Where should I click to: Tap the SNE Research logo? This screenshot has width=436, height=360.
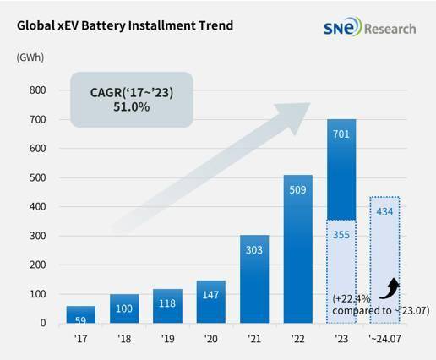coord(368,28)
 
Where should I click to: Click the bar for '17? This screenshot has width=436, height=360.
coord(81,314)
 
